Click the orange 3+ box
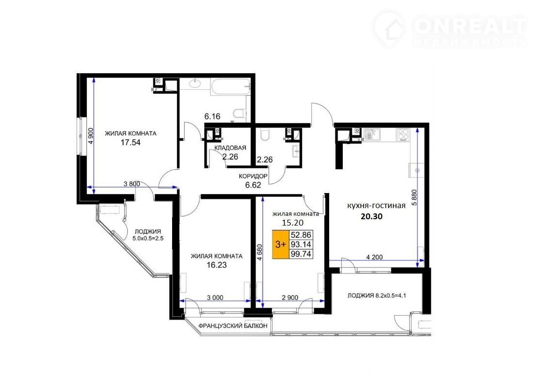(x=280, y=244)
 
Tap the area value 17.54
(x=130, y=143)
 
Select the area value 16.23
(x=216, y=265)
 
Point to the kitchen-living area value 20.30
(x=371, y=216)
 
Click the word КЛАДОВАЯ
(x=230, y=148)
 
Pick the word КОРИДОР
(x=253, y=177)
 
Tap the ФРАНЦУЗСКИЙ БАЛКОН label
(x=233, y=326)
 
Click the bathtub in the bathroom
(x=230, y=87)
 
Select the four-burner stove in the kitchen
(x=403, y=134)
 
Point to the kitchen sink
(x=372, y=134)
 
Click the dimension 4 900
(x=91, y=136)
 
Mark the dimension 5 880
(x=414, y=197)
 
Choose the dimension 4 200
(x=374, y=257)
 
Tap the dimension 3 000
(x=215, y=297)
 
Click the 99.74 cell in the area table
(x=301, y=254)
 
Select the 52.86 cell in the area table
(x=301, y=235)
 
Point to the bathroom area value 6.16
(x=212, y=116)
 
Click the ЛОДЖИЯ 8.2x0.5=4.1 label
(x=377, y=295)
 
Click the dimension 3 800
(x=132, y=184)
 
